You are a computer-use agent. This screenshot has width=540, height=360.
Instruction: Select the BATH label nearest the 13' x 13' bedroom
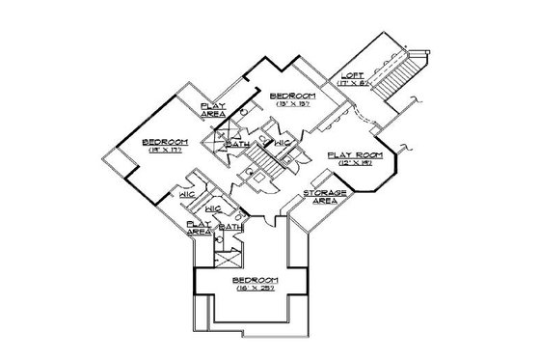click(x=234, y=146)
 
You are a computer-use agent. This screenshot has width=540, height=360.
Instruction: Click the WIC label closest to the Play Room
click(x=283, y=142)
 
